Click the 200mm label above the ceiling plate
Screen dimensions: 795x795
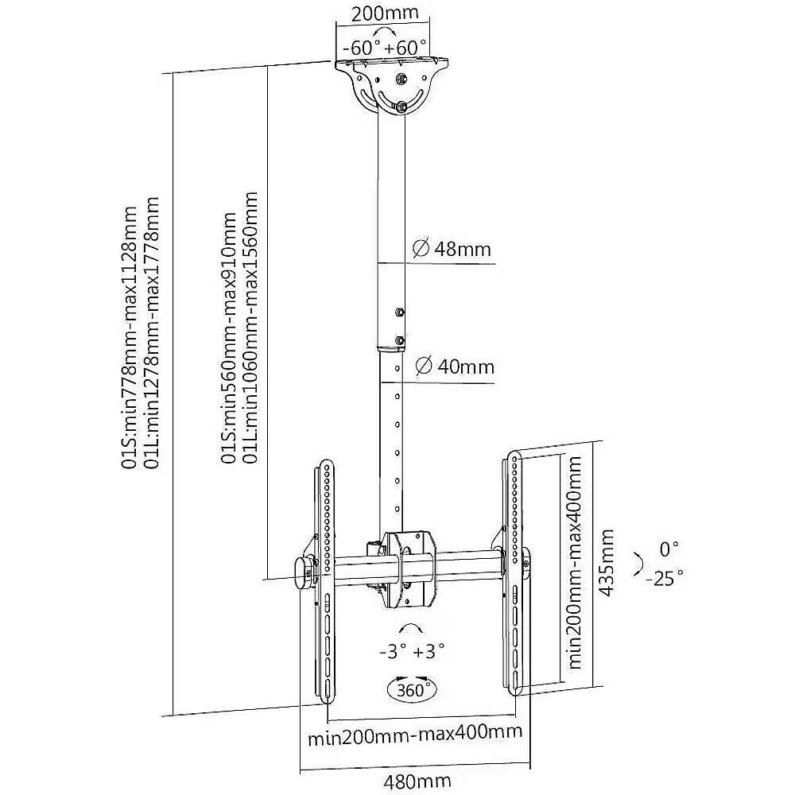click(385, 13)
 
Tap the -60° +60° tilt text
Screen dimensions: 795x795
click(385, 48)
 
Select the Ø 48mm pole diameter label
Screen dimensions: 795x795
click(452, 249)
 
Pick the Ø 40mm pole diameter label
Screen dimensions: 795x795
click(454, 366)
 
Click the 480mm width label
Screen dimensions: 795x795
click(417, 781)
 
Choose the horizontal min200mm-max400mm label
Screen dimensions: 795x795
click(415, 734)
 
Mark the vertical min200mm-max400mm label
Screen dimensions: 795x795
click(575, 562)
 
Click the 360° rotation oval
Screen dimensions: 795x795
click(412, 690)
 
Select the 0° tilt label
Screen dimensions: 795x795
click(669, 549)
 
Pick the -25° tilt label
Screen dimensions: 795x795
click(664, 577)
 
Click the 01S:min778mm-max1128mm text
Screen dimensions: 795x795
click(130, 337)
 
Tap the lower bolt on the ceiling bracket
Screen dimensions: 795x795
click(401, 107)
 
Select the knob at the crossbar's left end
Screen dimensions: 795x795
click(304, 573)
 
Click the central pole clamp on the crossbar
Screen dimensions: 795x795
click(409, 569)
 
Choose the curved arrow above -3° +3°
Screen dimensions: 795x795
click(411, 629)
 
